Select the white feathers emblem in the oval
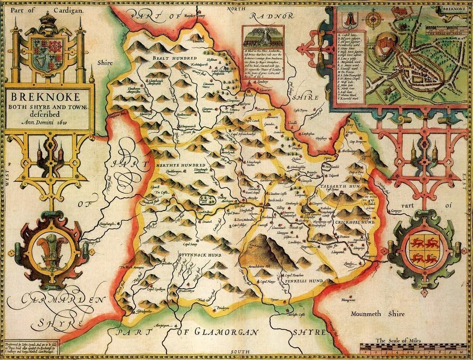[x=46, y=250]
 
